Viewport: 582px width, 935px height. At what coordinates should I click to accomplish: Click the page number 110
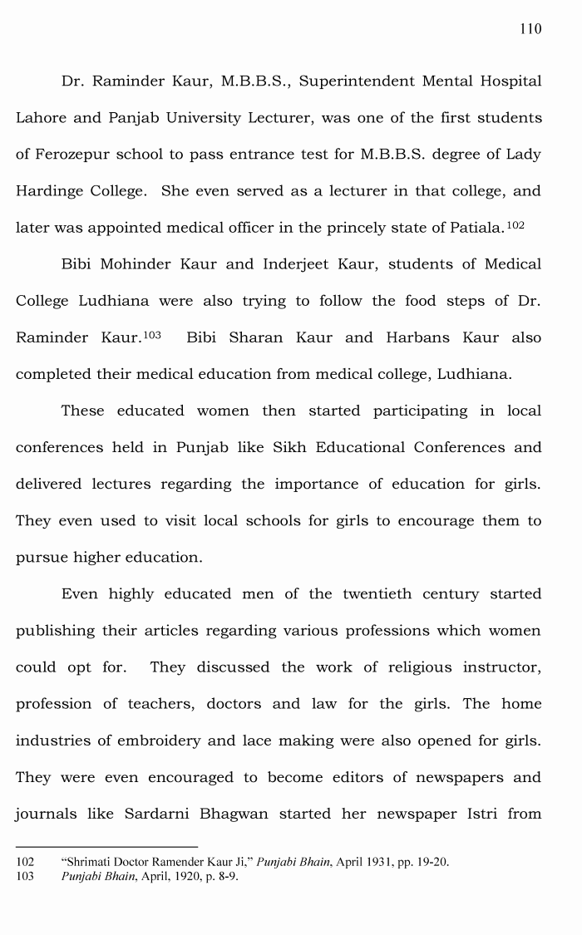point(530,29)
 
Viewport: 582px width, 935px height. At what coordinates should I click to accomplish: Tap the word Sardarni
point(158,814)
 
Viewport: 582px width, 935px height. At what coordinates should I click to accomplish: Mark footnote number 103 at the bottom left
point(25,877)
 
